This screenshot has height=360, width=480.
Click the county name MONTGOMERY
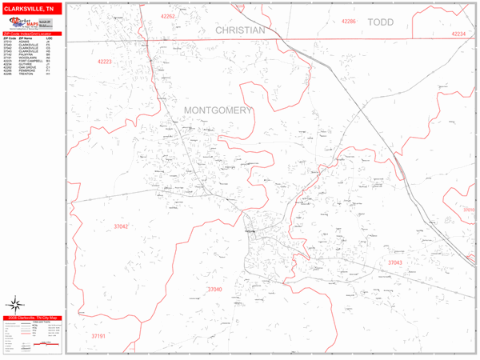pyautogui.click(x=218, y=110)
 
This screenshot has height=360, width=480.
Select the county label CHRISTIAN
pyautogui.click(x=239, y=30)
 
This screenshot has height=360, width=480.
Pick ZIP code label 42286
pyautogui.click(x=349, y=21)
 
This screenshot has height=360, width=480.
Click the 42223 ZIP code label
pyautogui.click(x=107, y=61)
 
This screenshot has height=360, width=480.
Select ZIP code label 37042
pyautogui.click(x=121, y=226)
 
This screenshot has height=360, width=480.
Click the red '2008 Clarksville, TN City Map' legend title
pyautogui.click(x=32, y=317)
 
